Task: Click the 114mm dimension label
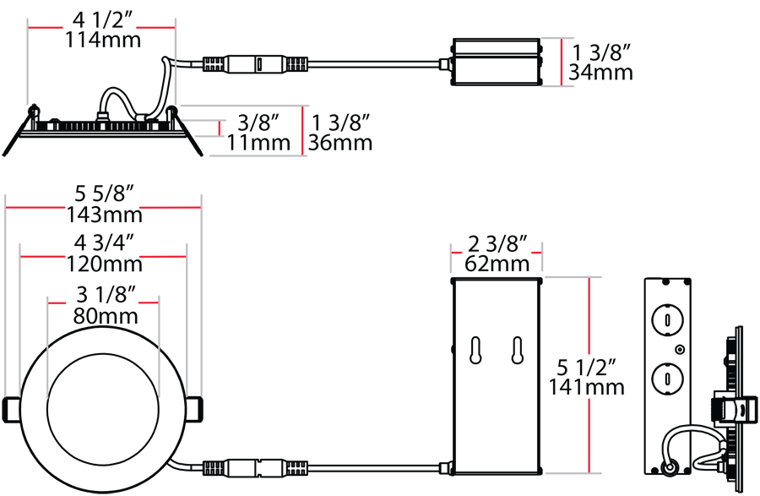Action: point(103,40)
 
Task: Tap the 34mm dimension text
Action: point(600,72)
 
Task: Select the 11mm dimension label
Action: point(259,143)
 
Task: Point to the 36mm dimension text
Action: point(340,143)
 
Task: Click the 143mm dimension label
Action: point(104,215)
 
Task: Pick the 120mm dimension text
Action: point(104,264)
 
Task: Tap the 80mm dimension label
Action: point(106,316)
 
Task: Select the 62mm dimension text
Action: point(497,264)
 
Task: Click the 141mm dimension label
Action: point(586,387)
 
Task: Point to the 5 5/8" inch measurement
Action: point(104,194)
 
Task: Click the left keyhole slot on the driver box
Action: point(476,350)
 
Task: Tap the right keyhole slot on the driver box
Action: point(517,350)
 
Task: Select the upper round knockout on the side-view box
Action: point(667,320)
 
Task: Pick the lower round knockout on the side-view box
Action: point(667,379)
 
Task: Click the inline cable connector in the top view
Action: point(255,64)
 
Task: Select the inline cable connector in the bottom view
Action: point(255,469)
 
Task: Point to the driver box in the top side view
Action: point(496,63)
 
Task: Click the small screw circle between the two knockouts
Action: point(680,349)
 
